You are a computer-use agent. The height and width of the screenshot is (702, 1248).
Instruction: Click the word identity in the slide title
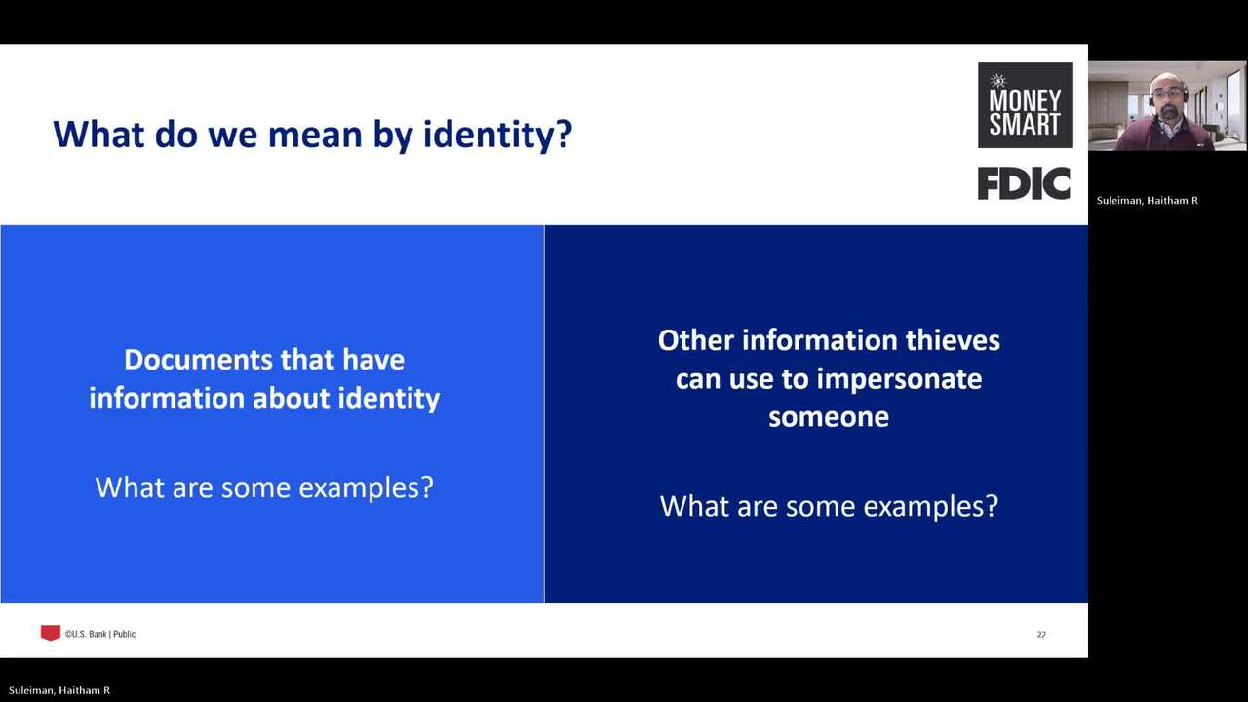(x=489, y=135)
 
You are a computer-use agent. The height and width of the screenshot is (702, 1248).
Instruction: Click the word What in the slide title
(x=98, y=134)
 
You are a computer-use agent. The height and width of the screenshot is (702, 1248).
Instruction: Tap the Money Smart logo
(x=1025, y=105)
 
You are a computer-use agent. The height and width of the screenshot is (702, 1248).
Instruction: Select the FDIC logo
(x=1024, y=183)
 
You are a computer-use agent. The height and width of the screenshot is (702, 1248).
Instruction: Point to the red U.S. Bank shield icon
(x=50, y=633)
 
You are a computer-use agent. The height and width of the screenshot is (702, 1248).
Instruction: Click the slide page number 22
(x=1041, y=635)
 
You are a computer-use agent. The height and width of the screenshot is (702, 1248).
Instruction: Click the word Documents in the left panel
(x=198, y=360)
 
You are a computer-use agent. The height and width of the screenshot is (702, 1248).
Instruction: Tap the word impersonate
(x=899, y=380)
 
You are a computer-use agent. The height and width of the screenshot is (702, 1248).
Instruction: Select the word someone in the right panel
(x=829, y=417)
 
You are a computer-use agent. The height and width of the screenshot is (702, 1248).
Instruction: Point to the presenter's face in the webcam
(x=1167, y=95)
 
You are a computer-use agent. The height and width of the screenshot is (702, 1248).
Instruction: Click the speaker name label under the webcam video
(x=1148, y=201)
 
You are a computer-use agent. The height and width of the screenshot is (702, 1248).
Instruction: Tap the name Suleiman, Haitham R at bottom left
(x=59, y=690)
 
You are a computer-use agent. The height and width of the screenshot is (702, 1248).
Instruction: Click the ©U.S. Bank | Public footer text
(x=100, y=634)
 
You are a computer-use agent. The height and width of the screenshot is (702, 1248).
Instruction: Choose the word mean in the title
(x=315, y=135)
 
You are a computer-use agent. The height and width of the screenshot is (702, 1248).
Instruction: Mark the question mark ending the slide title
(x=565, y=134)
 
